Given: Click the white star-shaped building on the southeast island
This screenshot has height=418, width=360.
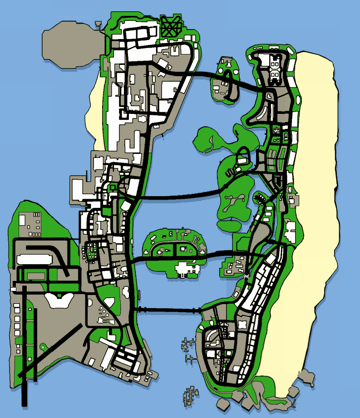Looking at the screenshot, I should (x=242, y=326).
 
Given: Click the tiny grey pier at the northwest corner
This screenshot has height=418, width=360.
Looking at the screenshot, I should (x=98, y=23).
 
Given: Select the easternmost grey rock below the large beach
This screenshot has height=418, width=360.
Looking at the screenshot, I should (x=307, y=376).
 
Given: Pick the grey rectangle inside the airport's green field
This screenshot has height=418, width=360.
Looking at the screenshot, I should (x=34, y=275).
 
